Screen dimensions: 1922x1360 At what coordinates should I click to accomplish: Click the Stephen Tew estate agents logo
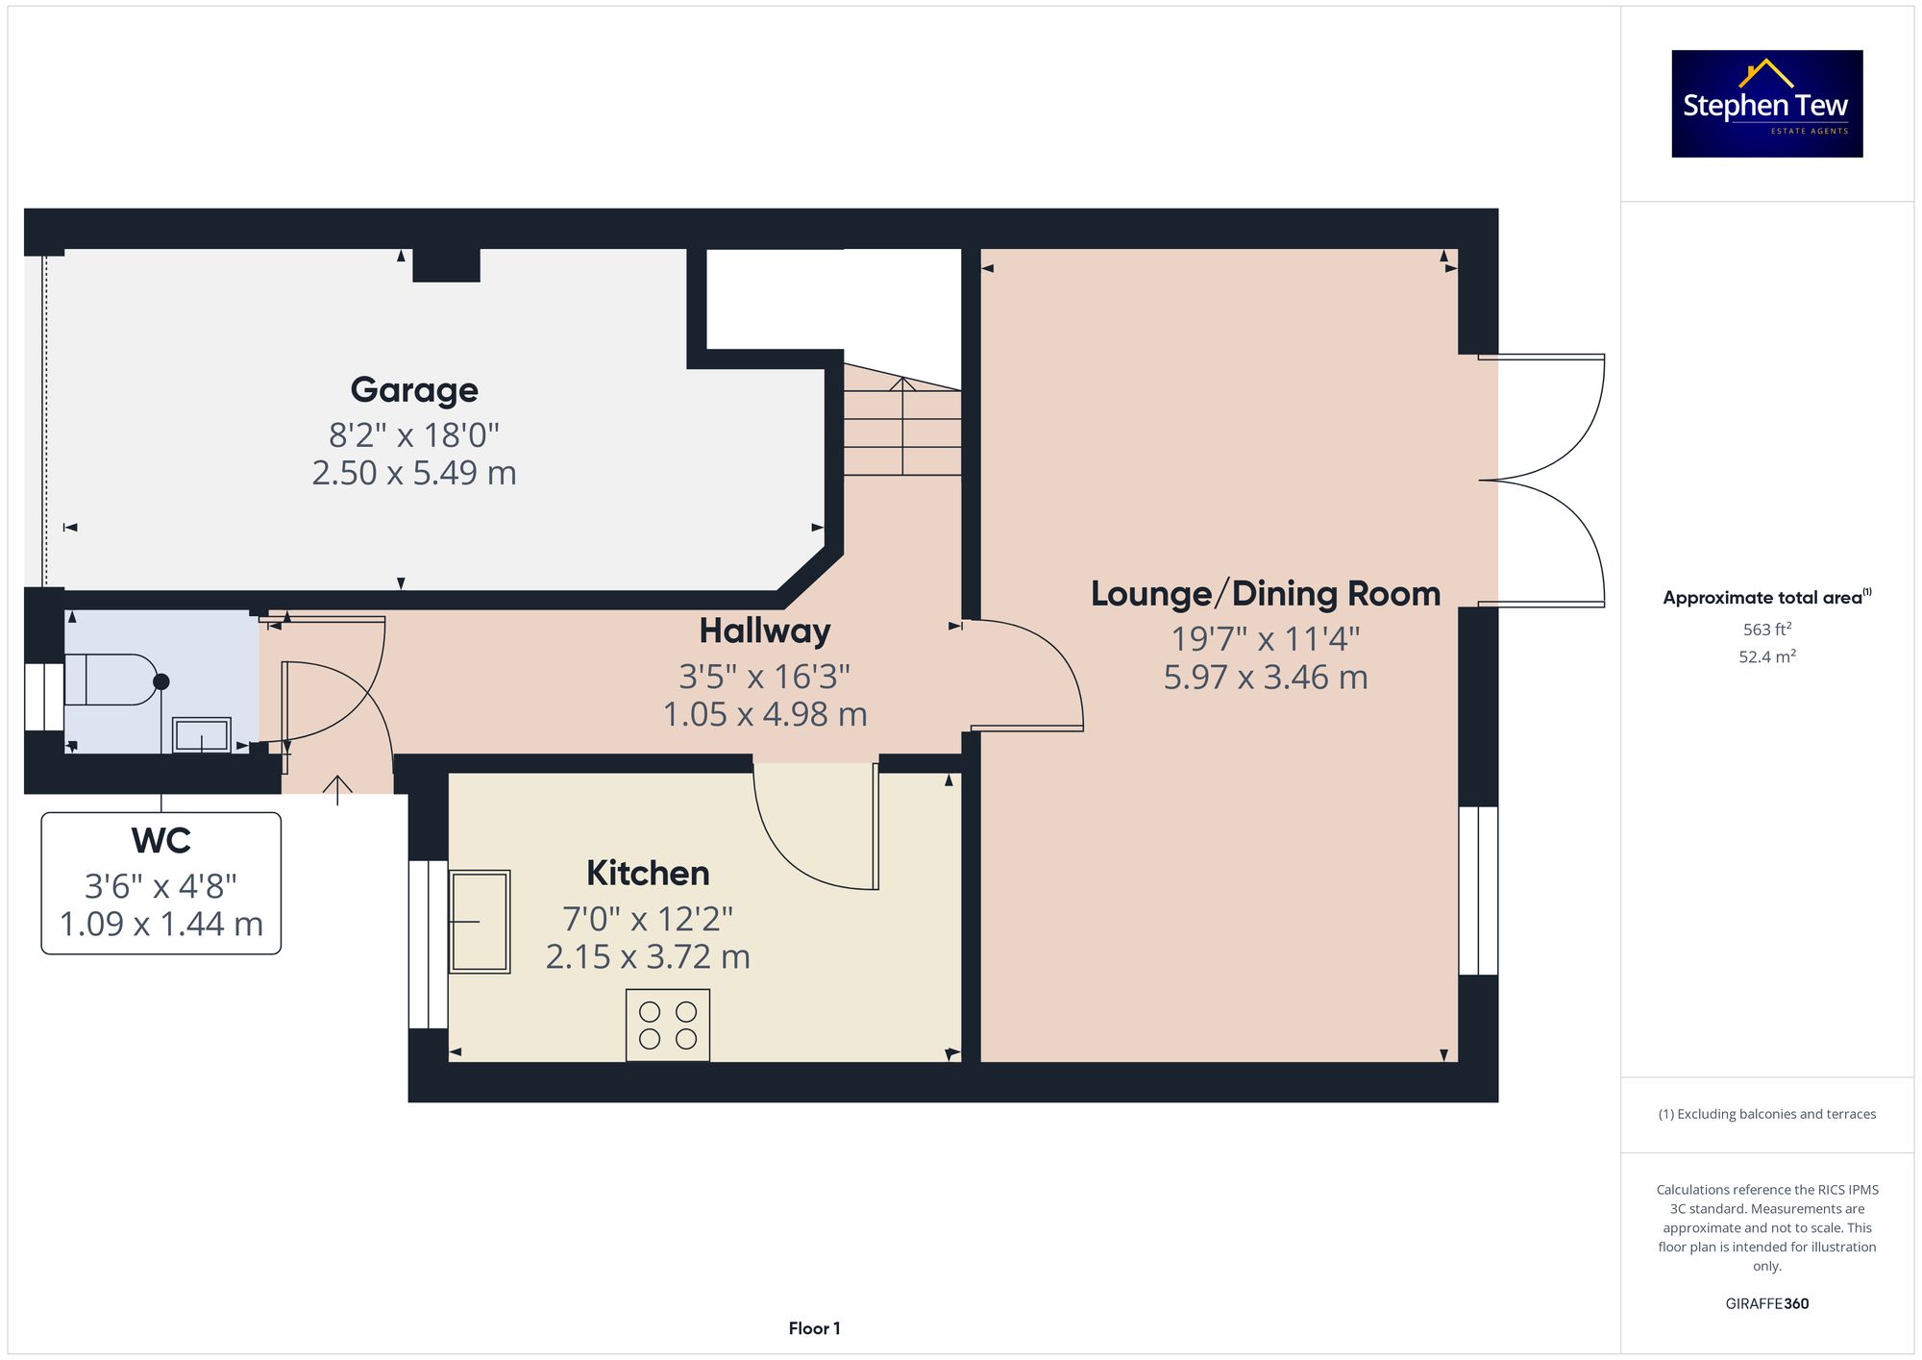[x=1766, y=104]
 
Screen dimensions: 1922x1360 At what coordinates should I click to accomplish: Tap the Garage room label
[x=414, y=390]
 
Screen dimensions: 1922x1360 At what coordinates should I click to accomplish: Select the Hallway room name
[x=765, y=631]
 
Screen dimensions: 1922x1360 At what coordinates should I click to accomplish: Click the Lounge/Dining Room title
[x=1266, y=594]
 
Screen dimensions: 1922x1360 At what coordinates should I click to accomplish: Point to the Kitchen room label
[x=648, y=874]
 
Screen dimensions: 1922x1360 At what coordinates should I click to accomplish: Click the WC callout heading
[x=161, y=841]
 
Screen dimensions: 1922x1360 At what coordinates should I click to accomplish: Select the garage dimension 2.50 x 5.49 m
[x=414, y=473]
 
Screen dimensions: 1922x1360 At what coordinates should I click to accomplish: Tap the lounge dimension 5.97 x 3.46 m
[x=1266, y=678]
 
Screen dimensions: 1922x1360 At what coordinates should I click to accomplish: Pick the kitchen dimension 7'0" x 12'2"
[x=648, y=919]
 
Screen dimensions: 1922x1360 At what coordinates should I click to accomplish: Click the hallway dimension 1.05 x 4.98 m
[x=765, y=714]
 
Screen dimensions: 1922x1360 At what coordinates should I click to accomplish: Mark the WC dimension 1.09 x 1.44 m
[x=161, y=925]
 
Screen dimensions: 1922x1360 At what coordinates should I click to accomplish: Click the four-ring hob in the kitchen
[x=668, y=1026]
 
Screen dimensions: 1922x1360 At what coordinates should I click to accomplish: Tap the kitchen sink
[x=480, y=922]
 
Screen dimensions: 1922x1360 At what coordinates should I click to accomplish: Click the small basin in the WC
[x=202, y=735]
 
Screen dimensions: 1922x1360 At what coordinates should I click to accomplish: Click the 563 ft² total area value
[x=1767, y=629]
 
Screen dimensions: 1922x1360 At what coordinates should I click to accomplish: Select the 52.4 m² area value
[x=1767, y=656]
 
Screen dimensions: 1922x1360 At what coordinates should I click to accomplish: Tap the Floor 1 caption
[x=814, y=1328]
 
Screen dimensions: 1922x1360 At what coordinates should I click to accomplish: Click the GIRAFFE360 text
[x=1767, y=1303]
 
